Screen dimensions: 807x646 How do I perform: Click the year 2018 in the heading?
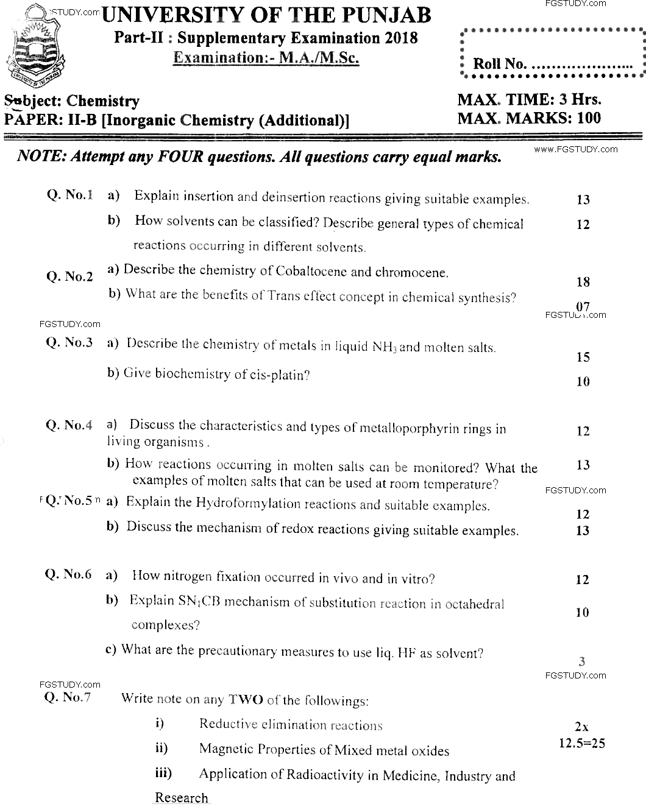pyautogui.click(x=401, y=38)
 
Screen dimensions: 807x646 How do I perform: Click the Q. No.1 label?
pyautogui.click(x=69, y=196)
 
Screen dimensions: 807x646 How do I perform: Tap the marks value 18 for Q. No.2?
pyautogui.click(x=583, y=282)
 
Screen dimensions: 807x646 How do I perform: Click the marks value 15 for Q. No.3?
pyautogui.click(x=583, y=358)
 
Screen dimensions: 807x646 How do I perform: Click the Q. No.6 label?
pyautogui.click(x=69, y=574)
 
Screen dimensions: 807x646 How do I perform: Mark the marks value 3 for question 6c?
pyautogui.click(x=582, y=661)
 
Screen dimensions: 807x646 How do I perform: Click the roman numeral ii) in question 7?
pyautogui.click(x=161, y=749)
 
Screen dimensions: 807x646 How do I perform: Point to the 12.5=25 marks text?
pyautogui.click(x=582, y=743)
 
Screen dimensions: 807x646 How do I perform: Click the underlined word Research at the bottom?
pyautogui.click(x=181, y=798)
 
